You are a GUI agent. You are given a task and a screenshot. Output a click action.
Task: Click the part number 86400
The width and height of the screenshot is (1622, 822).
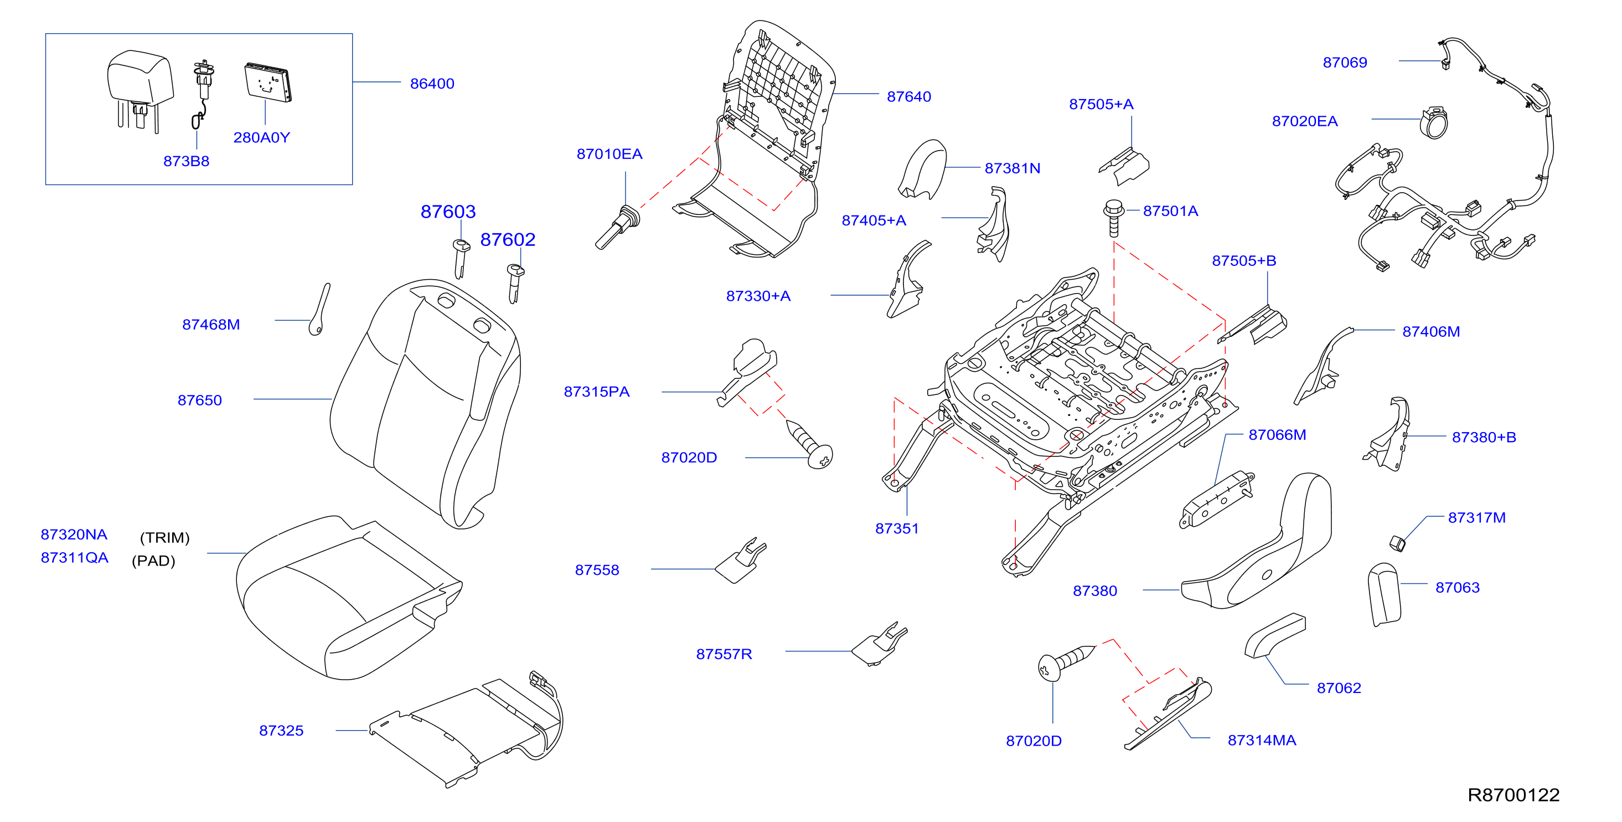click(432, 84)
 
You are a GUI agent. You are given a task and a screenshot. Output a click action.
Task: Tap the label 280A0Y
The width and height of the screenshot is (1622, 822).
click(261, 137)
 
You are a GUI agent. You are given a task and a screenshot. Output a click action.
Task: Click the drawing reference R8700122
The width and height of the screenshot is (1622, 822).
click(1513, 795)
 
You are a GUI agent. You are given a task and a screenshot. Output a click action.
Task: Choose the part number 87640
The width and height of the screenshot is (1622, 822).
click(908, 96)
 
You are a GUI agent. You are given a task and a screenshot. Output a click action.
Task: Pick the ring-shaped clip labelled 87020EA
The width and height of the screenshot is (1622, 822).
click(1434, 123)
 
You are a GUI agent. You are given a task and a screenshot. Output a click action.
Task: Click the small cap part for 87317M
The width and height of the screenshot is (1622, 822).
click(1397, 542)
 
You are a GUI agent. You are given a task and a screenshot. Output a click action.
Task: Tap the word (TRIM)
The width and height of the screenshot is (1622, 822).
click(164, 537)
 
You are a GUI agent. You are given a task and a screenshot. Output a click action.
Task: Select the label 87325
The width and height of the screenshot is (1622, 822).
click(281, 731)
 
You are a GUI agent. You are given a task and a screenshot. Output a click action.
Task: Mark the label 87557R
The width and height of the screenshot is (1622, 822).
click(724, 655)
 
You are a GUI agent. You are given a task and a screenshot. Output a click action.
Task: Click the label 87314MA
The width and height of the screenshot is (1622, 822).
click(1262, 741)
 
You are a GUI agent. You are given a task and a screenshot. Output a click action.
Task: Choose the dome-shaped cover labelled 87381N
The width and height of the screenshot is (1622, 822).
click(922, 169)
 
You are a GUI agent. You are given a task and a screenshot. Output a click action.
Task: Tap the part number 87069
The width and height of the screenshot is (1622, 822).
click(1345, 63)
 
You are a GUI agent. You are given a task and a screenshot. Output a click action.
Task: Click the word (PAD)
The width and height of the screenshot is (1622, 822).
click(153, 561)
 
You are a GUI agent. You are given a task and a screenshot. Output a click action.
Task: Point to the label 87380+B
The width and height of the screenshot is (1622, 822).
click(1484, 437)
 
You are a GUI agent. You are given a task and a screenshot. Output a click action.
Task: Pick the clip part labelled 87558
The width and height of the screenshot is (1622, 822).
click(741, 561)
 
